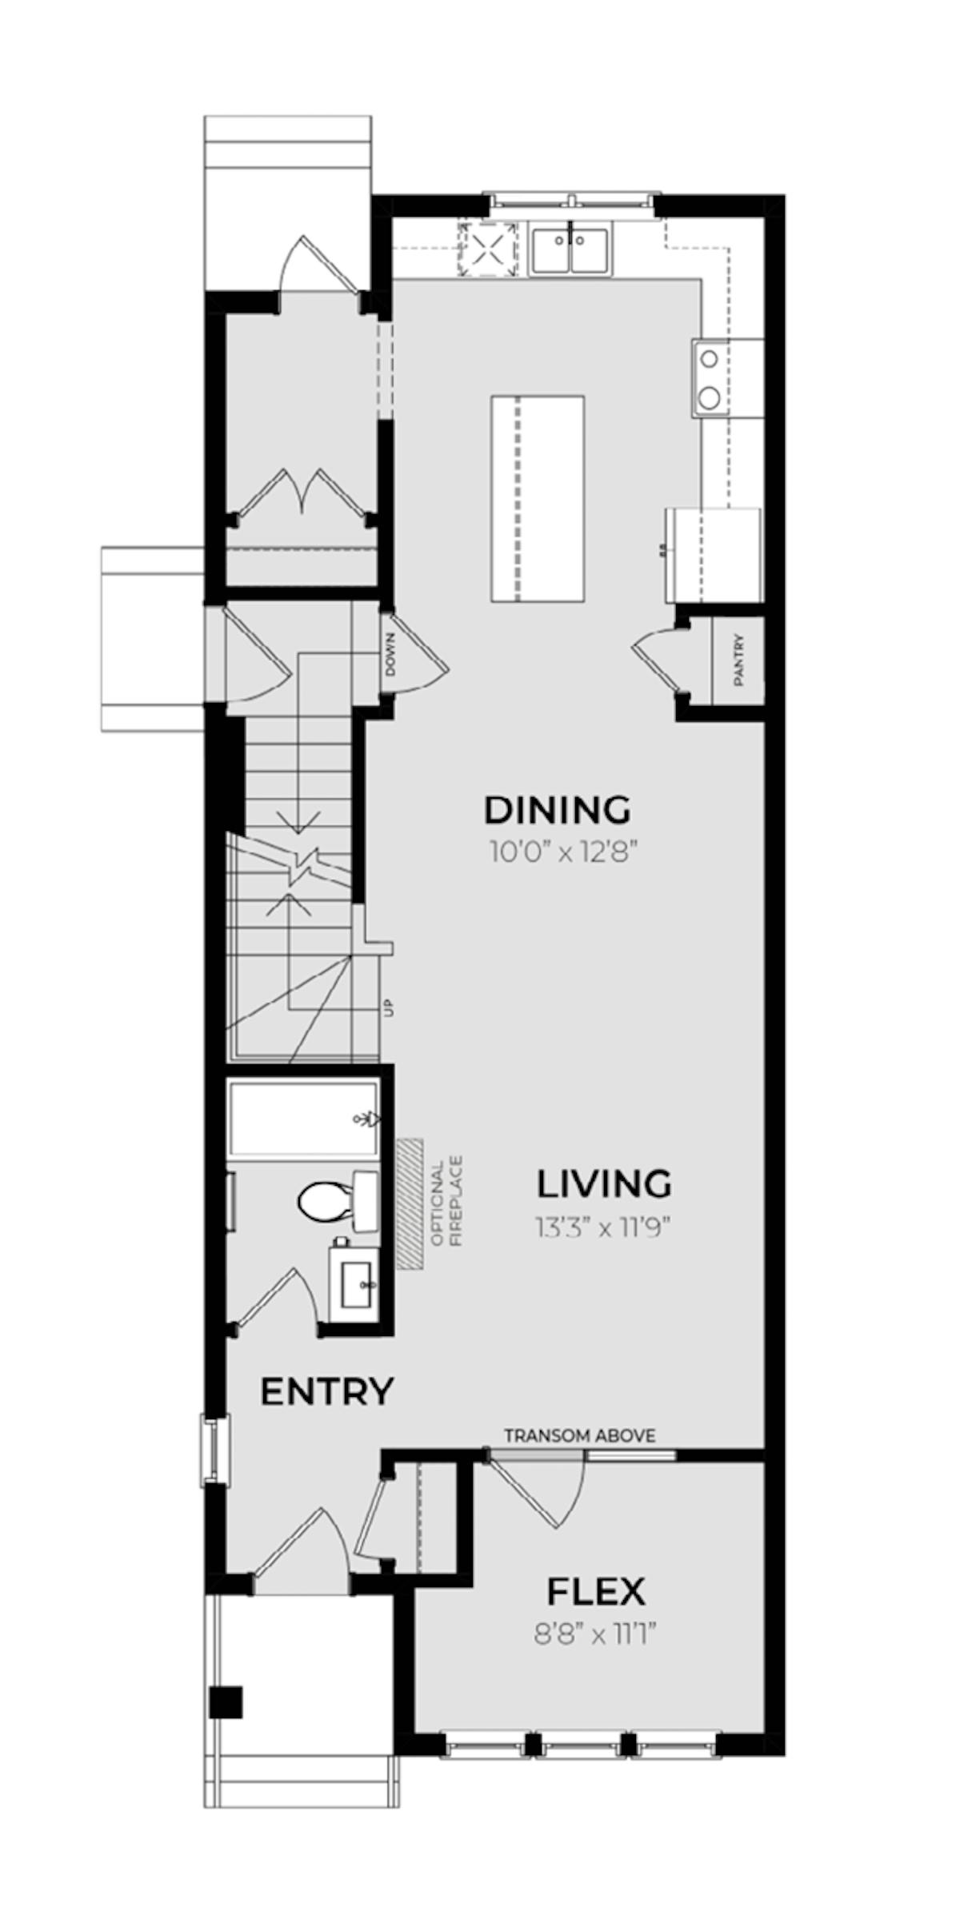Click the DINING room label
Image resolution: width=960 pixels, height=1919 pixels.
coord(558,810)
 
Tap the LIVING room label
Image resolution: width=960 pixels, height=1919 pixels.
coord(604,1184)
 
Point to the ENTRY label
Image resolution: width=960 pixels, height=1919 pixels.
coord(327,1392)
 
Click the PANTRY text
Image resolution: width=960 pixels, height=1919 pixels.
coord(738,660)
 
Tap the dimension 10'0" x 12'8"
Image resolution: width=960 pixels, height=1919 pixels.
coord(563,853)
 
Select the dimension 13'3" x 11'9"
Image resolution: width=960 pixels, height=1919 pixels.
coord(602,1227)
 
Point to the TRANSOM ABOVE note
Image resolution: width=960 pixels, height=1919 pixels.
coord(580,1435)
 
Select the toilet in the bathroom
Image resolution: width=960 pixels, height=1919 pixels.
coord(338,1201)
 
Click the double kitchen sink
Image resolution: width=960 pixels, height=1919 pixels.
coord(570,249)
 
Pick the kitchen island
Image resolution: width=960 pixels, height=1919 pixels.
coord(537,498)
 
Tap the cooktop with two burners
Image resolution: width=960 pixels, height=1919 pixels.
coord(710,377)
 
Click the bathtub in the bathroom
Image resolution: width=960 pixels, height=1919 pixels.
coord(302,1119)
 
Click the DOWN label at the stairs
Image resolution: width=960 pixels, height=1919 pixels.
coord(390,655)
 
